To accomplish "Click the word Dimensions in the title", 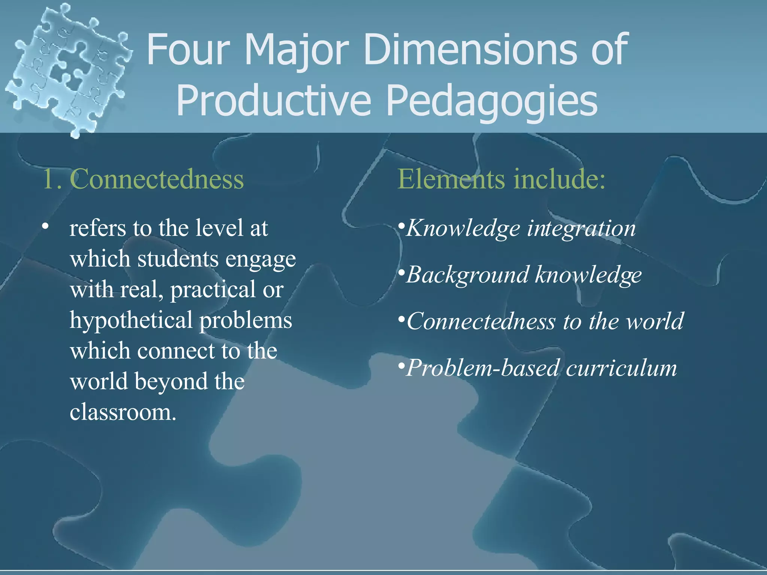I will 473,49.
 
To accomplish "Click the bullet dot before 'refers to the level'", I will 45,226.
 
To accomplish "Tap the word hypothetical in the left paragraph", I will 131,321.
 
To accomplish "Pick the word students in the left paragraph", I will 178,259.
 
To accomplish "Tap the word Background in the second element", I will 467,276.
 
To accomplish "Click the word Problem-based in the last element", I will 483,368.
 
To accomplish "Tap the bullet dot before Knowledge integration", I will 401,226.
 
